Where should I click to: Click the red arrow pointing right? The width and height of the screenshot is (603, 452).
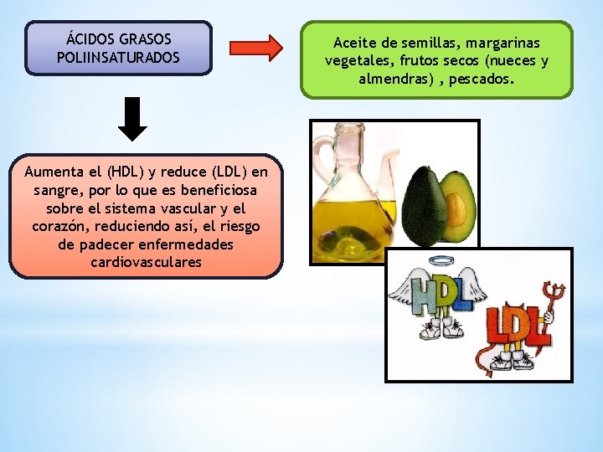tap(255, 48)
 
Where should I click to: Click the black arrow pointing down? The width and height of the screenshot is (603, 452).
tap(132, 119)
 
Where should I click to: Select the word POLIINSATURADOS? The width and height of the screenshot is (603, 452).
tap(118, 58)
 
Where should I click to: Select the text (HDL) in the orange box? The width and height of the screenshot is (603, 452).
tap(124, 172)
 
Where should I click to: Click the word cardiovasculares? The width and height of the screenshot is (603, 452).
tap(147, 262)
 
